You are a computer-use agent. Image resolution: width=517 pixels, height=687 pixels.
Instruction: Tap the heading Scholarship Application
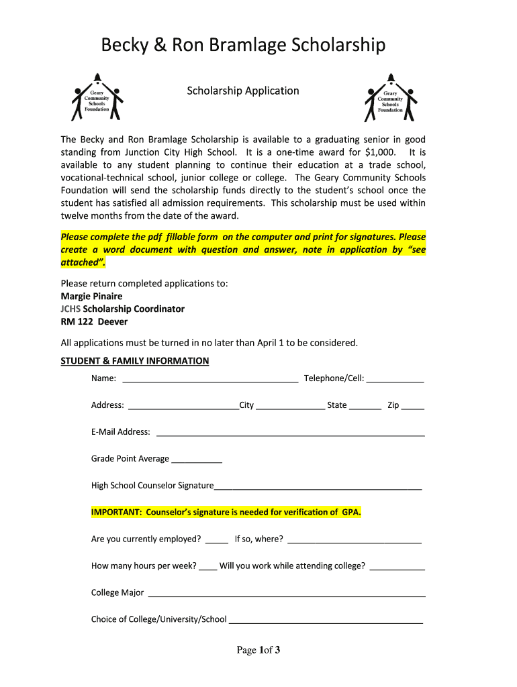pyautogui.click(x=243, y=91)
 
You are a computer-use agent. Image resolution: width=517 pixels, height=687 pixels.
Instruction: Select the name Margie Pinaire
pyautogui.click(x=92, y=296)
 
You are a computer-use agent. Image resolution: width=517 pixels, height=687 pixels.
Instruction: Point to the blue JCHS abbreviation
pyautogui.click(x=70, y=309)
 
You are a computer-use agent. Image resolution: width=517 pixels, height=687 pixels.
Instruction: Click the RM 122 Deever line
pyautogui.click(x=94, y=321)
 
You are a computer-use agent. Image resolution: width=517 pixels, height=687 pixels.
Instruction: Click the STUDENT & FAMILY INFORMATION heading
pyautogui.click(x=135, y=361)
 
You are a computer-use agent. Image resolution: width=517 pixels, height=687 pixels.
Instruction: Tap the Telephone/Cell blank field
pyautogui.click(x=395, y=380)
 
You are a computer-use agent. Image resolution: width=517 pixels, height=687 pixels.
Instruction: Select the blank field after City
pyautogui.click(x=290, y=407)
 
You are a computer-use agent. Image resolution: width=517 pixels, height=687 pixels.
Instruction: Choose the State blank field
pyautogui.click(x=365, y=407)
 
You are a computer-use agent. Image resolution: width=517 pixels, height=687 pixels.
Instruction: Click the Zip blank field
pyautogui.click(x=413, y=407)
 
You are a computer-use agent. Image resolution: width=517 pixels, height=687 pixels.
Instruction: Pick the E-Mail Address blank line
pyautogui.click(x=290, y=433)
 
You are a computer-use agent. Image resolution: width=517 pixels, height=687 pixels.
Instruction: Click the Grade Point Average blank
pyautogui.click(x=197, y=460)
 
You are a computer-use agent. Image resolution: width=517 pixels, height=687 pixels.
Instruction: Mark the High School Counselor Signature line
pyautogui.click(x=318, y=487)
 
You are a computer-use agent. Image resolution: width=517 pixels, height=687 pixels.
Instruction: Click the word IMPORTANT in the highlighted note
pyautogui.click(x=115, y=513)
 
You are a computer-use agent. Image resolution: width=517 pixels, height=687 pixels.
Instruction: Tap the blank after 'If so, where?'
pyautogui.click(x=354, y=541)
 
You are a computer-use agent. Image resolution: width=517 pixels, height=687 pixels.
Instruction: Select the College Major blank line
pyautogui.click(x=286, y=594)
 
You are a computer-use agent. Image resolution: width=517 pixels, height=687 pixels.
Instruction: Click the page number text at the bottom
pyautogui.click(x=258, y=650)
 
